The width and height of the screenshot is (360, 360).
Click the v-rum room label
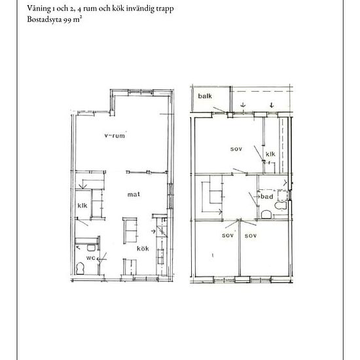click(x=115, y=135)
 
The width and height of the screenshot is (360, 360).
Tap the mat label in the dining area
click(x=134, y=194)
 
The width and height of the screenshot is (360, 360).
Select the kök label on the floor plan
click(x=143, y=249)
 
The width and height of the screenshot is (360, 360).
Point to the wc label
click(x=91, y=258)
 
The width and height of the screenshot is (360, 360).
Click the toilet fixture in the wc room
click(x=80, y=268)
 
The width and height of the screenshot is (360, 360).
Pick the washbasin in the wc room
click(x=91, y=247)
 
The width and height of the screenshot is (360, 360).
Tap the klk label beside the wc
click(x=82, y=206)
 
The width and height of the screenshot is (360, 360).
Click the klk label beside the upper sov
click(x=270, y=154)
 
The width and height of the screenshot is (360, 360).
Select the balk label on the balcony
click(x=205, y=96)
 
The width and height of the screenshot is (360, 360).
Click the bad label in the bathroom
click(x=267, y=196)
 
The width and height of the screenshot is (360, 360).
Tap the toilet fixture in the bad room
click(x=281, y=206)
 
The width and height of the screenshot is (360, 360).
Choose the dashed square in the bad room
click(x=283, y=196)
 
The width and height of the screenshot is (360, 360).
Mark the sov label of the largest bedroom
click(x=236, y=149)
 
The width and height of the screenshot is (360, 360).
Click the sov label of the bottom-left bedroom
click(x=228, y=236)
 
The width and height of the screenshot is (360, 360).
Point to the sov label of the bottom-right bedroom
click(x=251, y=236)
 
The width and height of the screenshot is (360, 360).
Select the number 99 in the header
click(x=67, y=20)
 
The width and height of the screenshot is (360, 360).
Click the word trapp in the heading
click(x=165, y=9)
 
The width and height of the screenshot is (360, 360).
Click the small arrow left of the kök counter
click(x=153, y=232)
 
